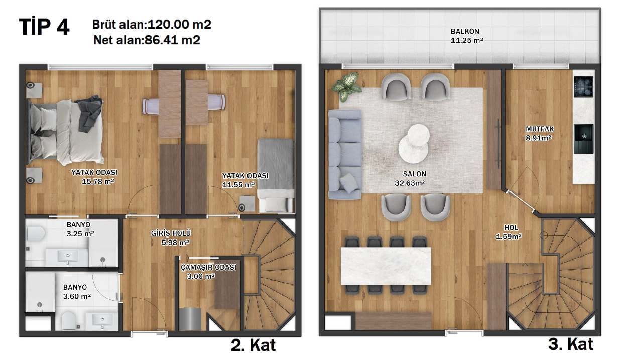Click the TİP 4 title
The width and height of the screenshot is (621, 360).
click(44, 27)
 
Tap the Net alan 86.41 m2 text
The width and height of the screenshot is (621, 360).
click(147, 40)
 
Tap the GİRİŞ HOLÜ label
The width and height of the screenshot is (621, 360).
click(171, 233)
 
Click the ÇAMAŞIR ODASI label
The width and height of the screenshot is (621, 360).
click(208, 267)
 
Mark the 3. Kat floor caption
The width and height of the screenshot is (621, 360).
click(571, 344)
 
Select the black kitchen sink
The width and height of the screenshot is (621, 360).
click(583, 138)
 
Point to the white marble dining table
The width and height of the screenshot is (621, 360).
click(386, 266)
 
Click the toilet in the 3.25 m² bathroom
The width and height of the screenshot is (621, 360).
click(36, 233)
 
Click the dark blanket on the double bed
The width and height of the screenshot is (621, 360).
click(88, 113)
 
